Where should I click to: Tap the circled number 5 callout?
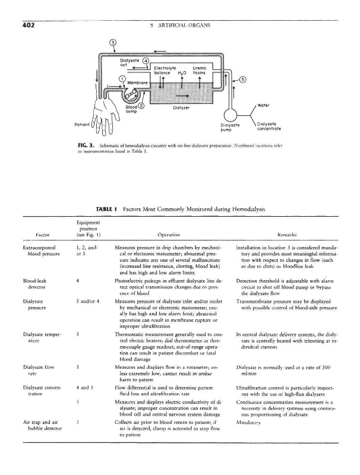click(x=243, y=80)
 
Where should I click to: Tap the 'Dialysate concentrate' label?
click(x=266, y=126)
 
